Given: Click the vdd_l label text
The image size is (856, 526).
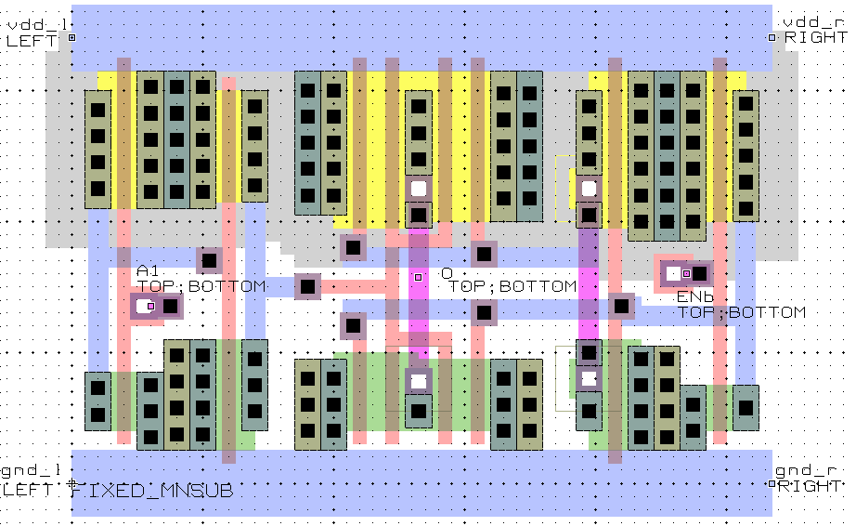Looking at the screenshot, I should point(25,22).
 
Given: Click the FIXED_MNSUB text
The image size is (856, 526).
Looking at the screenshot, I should point(152,490).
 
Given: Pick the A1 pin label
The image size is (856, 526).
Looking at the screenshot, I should point(148,270).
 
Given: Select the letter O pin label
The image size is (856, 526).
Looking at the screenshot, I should point(447,273).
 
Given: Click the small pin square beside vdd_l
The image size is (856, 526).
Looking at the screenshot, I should point(71,38).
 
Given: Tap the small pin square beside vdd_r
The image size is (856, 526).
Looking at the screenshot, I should point(772,38).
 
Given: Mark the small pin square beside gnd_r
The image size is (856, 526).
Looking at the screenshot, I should point(772,484).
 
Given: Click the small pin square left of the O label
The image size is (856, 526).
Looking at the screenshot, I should point(418,277).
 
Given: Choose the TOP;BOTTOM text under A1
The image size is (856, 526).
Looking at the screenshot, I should point(201,286).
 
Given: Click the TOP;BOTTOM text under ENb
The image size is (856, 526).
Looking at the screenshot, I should point(741,312).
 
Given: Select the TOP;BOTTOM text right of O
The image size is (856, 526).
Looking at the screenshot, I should point(512,286).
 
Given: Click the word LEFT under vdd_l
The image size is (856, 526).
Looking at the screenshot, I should point(32,40).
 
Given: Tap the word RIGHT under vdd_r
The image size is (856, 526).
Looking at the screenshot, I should point(814,38).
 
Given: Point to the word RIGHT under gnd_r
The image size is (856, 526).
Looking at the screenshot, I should point(811,486).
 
